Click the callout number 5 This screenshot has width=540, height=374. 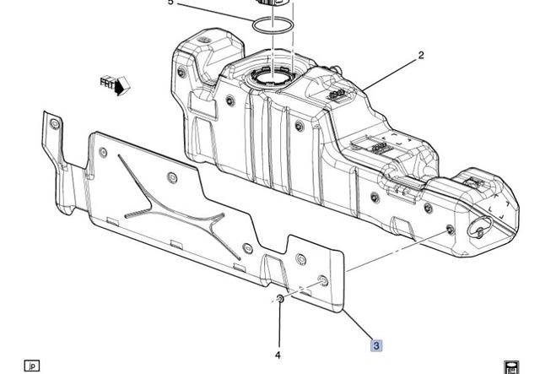(x=170, y=3)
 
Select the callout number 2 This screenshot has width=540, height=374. (x=420, y=57)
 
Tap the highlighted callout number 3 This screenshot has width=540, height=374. (x=376, y=344)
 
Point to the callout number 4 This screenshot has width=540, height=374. (x=278, y=355)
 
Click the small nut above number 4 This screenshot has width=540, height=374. (x=279, y=300)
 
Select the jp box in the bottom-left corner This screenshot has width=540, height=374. (x=32, y=366)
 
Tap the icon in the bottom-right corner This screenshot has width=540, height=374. (x=511, y=366)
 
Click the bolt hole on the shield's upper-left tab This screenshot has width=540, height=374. (x=55, y=125)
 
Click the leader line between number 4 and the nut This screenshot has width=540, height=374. (x=278, y=325)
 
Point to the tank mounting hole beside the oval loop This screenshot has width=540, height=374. (x=450, y=230)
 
